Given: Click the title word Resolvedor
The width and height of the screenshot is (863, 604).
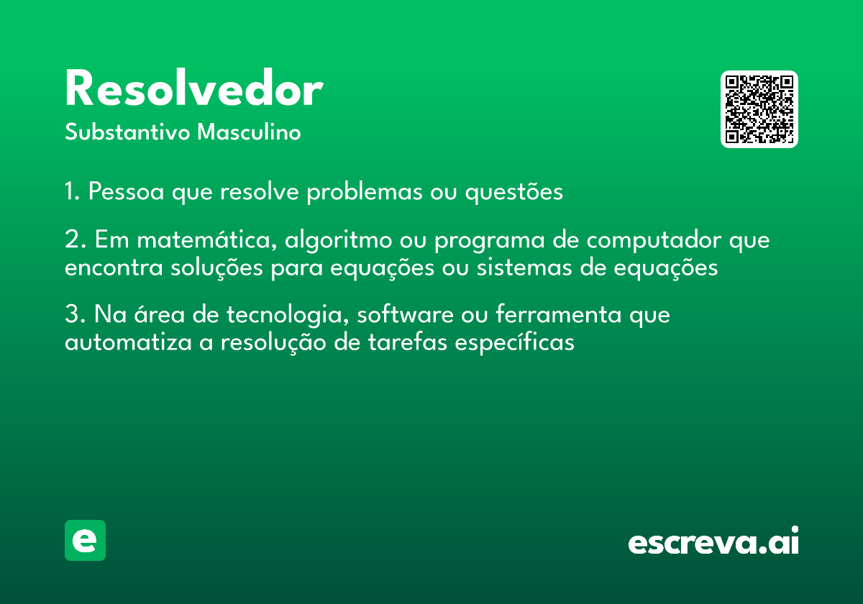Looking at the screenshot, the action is pyautogui.click(x=193, y=88).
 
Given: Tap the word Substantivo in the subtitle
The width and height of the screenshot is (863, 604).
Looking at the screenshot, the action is pyautogui.click(x=127, y=132).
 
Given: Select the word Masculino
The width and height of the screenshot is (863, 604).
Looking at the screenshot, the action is pyautogui.click(x=249, y=132).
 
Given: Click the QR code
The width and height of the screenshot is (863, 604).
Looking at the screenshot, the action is pyautogui.click(x=759, y=109).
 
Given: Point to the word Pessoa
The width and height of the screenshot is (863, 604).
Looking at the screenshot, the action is pyautogui.click(x=127, y=191).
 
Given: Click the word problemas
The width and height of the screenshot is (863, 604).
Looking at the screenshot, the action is pyautogui.click(x=365, y=192).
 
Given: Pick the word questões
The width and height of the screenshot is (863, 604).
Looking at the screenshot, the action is pyautogui.click(x=514, y=192).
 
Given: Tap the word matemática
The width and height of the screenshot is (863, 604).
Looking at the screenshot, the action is pyautogui.click(x=207, y=239).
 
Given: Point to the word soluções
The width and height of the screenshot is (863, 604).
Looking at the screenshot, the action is pyautogui.click(x=216, y=268).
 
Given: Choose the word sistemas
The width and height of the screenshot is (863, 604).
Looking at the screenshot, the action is pyautogui.click(x=524, y=267).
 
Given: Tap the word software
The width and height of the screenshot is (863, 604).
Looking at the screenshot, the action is pyautogui.click(x=406, y=314).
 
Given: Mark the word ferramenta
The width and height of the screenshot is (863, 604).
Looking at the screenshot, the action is pyautogui.click(x=559, y=314).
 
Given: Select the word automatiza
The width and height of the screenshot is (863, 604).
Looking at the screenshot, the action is pyautogui.click(x=128, y=342).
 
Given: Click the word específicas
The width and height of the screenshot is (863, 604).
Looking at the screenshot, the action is pyautogui.click(x=515, y=343).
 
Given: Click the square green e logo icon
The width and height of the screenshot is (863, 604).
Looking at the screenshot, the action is pyautogui.click(x=85, y=540).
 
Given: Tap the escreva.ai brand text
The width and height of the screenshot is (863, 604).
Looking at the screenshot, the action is pyautogui.click(x=713, y=540).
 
